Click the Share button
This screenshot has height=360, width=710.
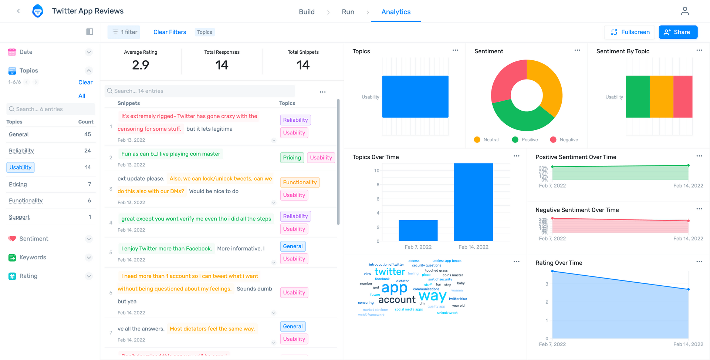(678, 32)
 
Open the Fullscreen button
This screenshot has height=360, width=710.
(629, 32)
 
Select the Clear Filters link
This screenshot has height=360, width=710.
(170, 32)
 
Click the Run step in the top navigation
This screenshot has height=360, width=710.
(348, 12)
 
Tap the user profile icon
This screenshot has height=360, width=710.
(684, 11)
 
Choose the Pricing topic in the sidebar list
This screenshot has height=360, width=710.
(18, 184)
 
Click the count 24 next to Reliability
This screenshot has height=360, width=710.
(87, 151)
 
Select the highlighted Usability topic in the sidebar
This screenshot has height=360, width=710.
(20, 168)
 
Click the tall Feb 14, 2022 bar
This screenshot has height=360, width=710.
(473, 202)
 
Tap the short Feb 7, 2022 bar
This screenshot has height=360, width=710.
(418, 231)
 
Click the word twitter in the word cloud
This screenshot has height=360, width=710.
(390, 272)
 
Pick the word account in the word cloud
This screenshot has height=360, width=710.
(397, 300)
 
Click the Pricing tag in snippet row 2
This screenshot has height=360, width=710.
(292, 158)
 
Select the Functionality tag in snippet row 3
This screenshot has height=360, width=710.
(300, 182)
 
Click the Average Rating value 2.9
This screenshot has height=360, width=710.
(141, 65)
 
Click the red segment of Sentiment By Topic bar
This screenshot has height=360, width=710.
(683, 97)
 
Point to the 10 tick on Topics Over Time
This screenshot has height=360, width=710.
(376, 171)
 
